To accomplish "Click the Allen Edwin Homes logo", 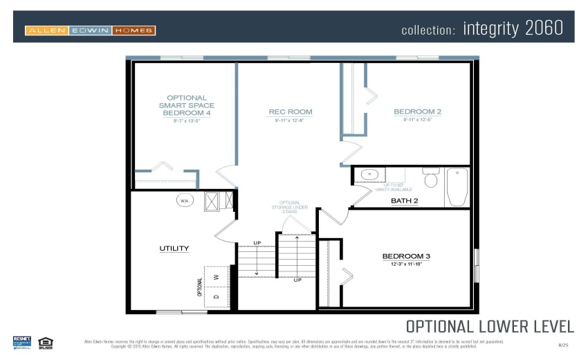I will (90, 30).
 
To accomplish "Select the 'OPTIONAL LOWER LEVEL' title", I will (489, 326).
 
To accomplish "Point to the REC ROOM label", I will (290, 111).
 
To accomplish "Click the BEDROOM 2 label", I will (417, 111).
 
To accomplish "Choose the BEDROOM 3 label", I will (406, 256).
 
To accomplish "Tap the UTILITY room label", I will (174, 248).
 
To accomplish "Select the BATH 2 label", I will (405, 201).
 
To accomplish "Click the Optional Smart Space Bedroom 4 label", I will (186, 105).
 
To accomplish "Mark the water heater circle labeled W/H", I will (184, 201).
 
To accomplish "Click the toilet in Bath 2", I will (431, 179).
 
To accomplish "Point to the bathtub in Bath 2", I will (457, 187).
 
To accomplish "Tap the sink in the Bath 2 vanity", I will (369, 175).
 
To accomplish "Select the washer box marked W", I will (216, 276).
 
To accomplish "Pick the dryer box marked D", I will (216, 296).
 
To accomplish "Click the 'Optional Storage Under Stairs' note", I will (289, 207).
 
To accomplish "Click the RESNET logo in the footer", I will (22, 341).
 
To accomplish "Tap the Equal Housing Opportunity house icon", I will (46, 341).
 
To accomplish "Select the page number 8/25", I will (562, 344).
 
